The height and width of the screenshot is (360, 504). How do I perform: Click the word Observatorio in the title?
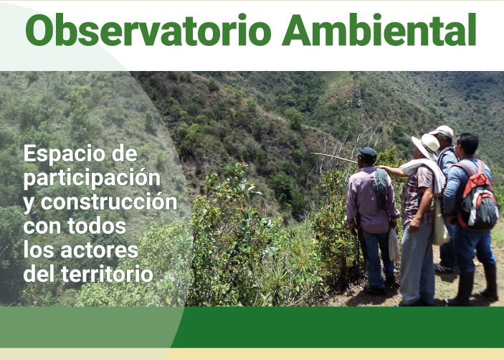coord(148,29)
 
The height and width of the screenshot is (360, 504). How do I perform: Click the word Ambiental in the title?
coord(379,29)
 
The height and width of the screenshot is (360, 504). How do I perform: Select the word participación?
coord(92,179)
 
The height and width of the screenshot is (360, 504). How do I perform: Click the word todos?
coord(97,227)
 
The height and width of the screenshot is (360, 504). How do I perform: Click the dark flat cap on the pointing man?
coord(367,152)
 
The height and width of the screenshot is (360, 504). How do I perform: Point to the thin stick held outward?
coord(334,157)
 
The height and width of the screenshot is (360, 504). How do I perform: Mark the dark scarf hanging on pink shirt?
coord(381,187)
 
